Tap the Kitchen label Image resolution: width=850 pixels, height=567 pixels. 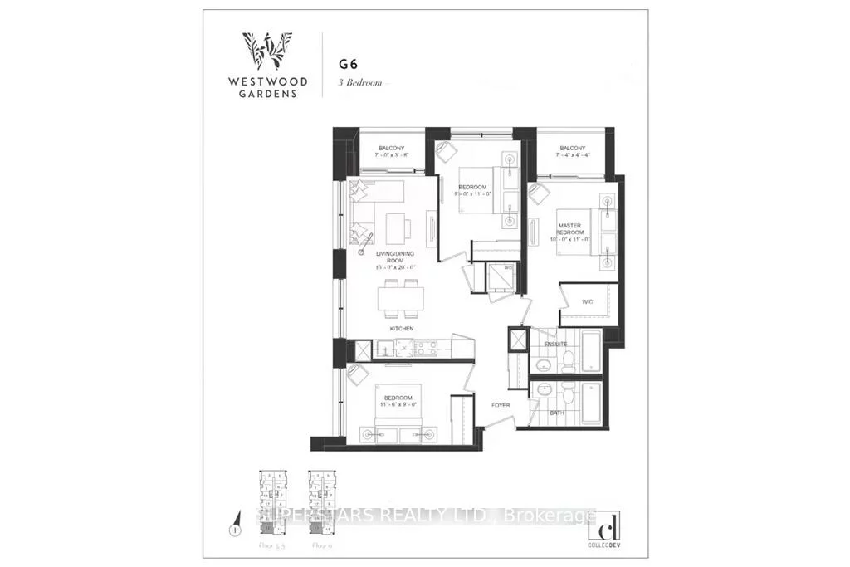pyautogui.click(x=402, y=330)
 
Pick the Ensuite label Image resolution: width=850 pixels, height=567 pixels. pyautogui.click(x=555, y=344)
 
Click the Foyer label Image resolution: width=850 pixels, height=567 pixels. pyautogui.click(x=500, y=405)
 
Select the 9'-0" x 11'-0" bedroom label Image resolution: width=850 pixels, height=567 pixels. pyautogui.click(x=474, y=189)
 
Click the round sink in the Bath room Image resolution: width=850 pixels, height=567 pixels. pyautogui.click(x=543, y=390)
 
